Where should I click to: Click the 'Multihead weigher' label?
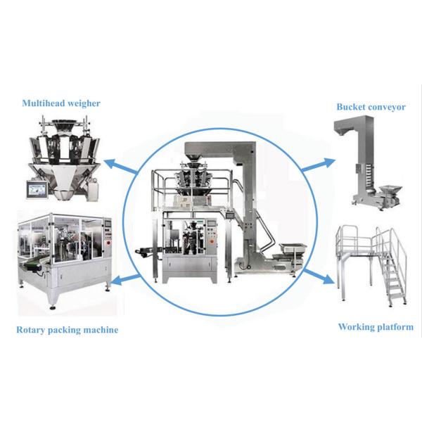pyautogui.click(x=61, y=103)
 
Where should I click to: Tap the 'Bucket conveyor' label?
pyautogui.click(x=371, y=107)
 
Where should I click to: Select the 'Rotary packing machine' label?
pyautogui.click(x=68, y=330)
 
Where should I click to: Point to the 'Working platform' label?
pyautogui.click(x=376, y=327)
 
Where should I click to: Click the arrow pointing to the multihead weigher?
pyautogui.click(x=120, y=167)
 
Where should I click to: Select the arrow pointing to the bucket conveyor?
pyautogui.click(x=318, y=165)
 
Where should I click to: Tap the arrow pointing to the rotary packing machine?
pyautogui.click(x=126, y=279)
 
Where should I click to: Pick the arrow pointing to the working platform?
pyautogui.click(x=319, y=276)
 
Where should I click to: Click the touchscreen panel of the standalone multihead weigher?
pyautogui.click(x=37, y=190)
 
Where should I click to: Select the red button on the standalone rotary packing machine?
pyautogui.click(x=109, y=243)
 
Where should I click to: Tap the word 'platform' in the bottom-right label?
pyautogui.click(x=395, y=328)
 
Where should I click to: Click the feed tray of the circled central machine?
pyautogui.click(x=293, y=248)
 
